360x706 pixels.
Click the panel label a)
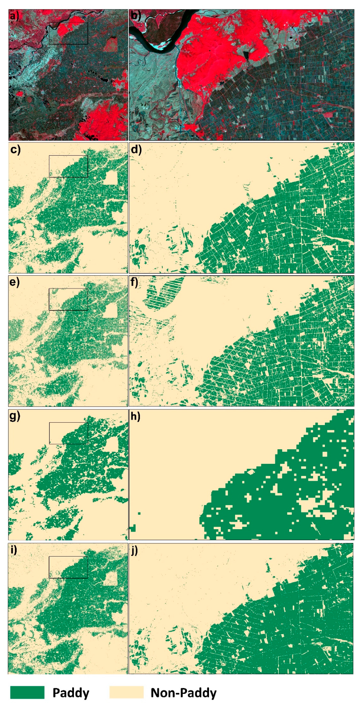14,16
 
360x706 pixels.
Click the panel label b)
135,16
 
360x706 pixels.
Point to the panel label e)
15,283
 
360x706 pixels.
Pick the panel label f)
134,283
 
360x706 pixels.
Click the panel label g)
15,416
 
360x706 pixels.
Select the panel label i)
14,549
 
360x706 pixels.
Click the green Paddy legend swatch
27,692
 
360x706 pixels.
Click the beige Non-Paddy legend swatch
126,692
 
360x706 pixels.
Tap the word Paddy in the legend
71,692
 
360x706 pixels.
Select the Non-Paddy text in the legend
183,692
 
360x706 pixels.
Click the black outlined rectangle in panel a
68,33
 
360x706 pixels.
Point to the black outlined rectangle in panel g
68,433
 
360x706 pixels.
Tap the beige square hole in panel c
111,178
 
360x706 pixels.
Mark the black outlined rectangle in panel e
68,299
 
